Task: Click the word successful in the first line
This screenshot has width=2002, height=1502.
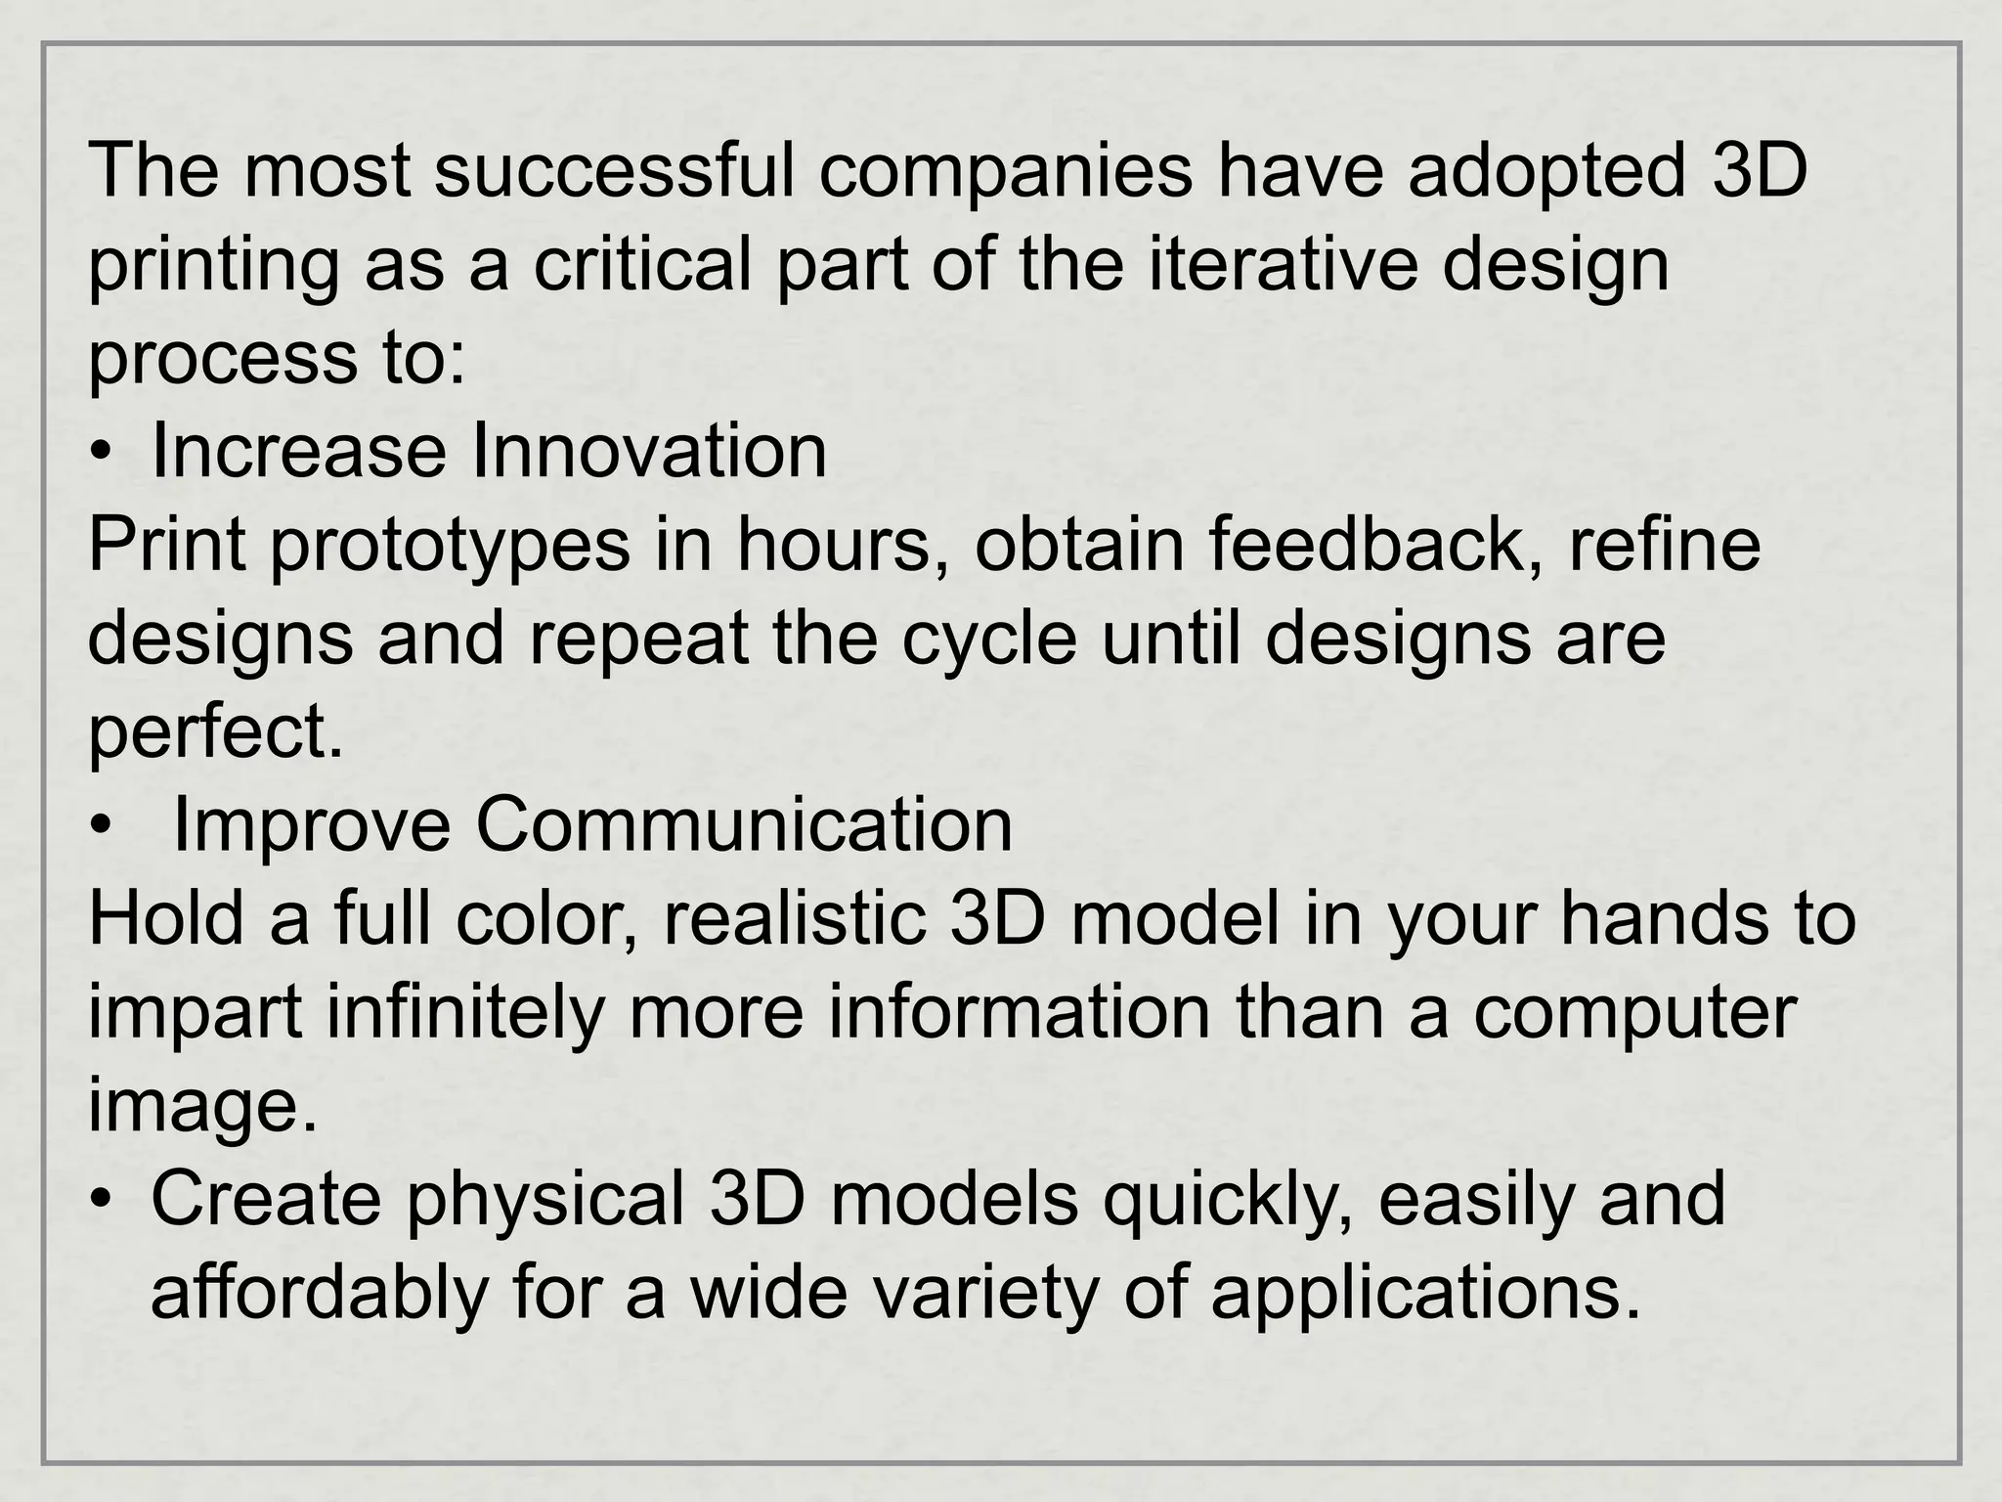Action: [x=613, y=171]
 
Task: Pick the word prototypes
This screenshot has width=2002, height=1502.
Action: [x=449, y=549]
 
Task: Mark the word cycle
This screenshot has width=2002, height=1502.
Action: [x=988, y=641]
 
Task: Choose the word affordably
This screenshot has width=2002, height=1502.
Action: [x=319, y=1294]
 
